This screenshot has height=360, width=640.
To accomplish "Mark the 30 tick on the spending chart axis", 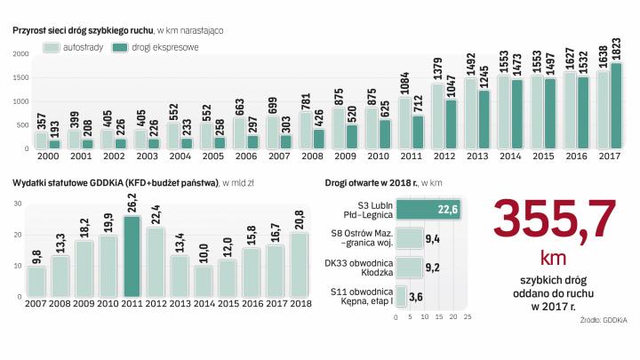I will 18,204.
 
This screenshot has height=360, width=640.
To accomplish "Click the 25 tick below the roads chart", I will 468,316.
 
